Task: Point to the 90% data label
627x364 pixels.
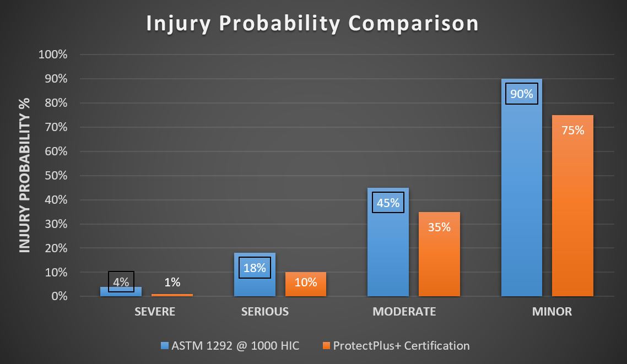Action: (x=521, y=94)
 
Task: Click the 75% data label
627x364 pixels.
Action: (x=572, y=131)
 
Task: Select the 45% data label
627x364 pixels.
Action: (x=388, y=203)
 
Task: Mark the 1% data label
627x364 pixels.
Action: (x=172, y=282)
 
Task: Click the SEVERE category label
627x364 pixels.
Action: (x=155, y=312)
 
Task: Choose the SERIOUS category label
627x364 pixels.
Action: (x=265, y=312)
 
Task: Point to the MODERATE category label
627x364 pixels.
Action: (x=404, y=312)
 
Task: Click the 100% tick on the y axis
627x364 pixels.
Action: (x=52, y=55)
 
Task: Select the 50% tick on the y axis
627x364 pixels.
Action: (x=55, y=176)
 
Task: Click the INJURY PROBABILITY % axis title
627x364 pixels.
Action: (x=25, y=176)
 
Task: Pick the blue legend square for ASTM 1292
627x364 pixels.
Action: (x=164, y=346)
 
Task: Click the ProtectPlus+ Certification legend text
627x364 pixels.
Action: (x=401, y=346)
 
